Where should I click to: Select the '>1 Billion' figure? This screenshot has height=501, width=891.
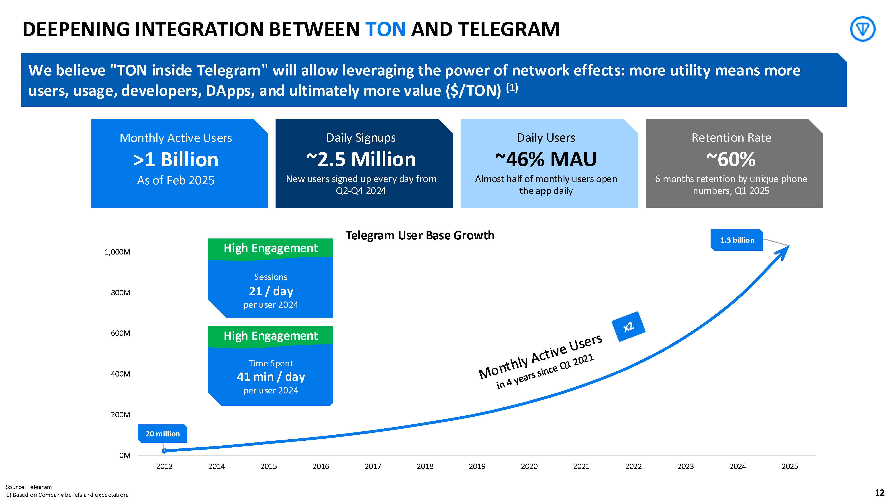176,160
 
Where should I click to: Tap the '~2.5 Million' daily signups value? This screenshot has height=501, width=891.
361,159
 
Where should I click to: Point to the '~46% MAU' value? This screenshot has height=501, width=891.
546,159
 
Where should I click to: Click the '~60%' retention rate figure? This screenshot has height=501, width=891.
731,159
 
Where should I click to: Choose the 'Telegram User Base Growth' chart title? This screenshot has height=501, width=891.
420,235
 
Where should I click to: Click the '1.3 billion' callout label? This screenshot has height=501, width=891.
737,240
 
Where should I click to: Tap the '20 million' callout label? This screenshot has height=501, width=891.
163,434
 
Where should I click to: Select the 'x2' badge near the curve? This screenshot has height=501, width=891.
628,327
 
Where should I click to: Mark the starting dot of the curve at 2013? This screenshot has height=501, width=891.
164,451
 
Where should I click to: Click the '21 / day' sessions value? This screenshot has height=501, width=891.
271,291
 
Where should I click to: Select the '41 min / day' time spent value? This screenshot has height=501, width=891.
271,377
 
